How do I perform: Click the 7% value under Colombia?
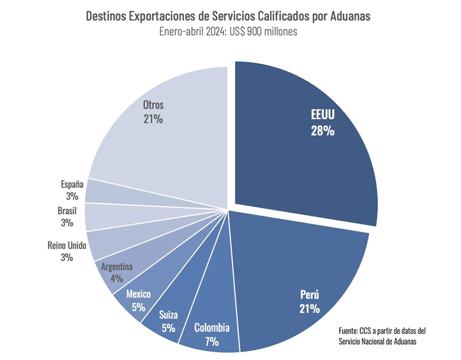(x=212, y=342)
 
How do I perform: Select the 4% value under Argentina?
(x=116, y=279)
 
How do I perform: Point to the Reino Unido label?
(x=66, y=245)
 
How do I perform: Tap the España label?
(x=71, y=184)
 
